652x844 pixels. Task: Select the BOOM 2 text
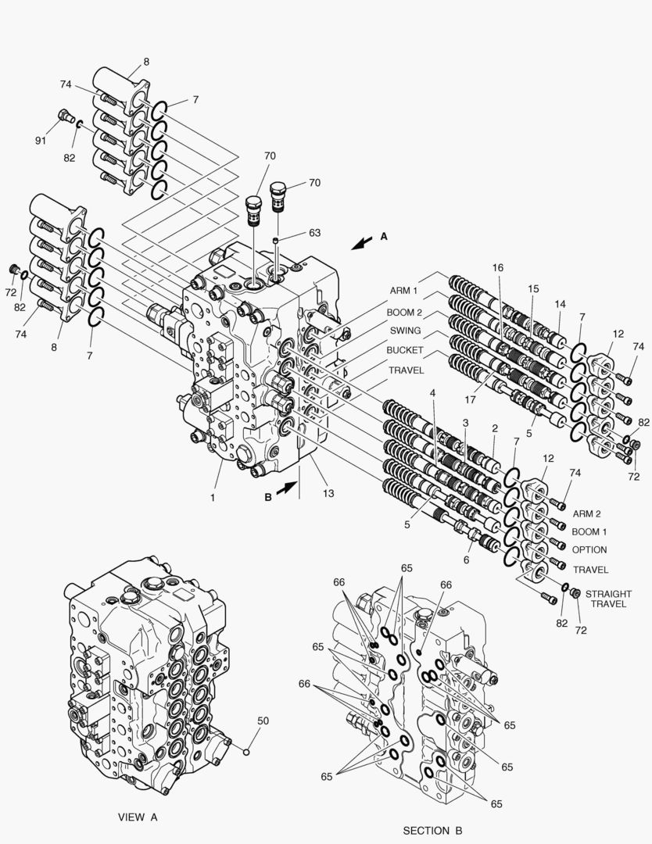tap(405, 311)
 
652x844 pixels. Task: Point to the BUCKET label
tap(405, 350)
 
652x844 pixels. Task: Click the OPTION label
tap(589, 550)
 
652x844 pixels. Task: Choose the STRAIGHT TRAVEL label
tap(608, 599)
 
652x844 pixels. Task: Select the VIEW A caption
tap(138, 817)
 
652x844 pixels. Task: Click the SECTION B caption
tap(437, 830)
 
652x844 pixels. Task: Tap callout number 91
tap(41, 141)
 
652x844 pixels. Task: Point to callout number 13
tap(329, 493)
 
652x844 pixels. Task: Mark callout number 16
tap(497, 268)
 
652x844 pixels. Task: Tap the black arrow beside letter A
tap(361, 243)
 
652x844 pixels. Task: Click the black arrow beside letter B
tap(286, 487)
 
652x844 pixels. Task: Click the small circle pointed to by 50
tap(245, 753)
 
